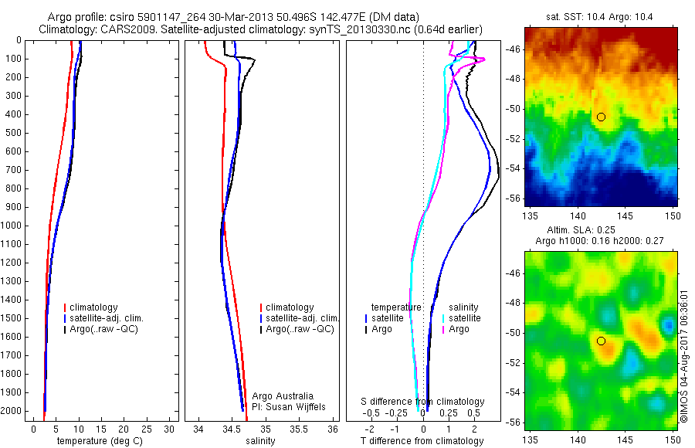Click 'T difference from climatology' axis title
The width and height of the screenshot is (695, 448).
click(x=422, y=441)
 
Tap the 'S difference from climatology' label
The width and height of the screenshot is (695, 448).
click(x=422, y=402)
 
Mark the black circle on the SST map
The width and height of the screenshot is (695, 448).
click(x=601, y=117)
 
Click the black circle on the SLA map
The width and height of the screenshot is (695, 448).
click(x=601, y=341)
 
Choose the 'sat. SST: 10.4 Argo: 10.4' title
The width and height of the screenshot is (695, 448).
click(x=600, y=17)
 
